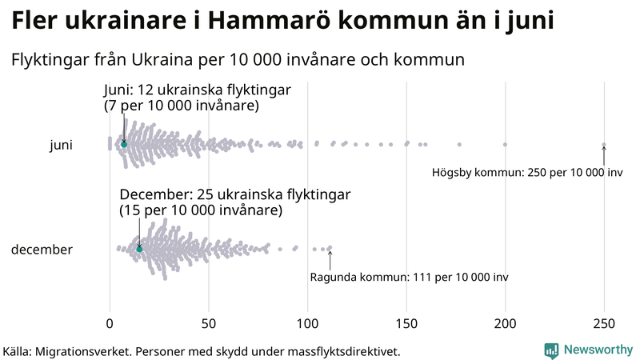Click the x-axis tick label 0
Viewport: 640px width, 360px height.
pos(110,323)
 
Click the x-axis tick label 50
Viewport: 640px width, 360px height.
pos(209,323)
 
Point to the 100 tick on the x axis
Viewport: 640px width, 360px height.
pos(307,323)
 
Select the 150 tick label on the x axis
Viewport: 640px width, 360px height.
pos(406,323)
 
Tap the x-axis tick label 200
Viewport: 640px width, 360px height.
pos(505,323)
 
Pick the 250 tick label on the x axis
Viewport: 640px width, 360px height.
pos(604,323)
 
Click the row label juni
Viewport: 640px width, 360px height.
pos(61,145)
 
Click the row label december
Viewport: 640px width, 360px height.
pos(42,250)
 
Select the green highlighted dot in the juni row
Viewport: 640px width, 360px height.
pos(124,145)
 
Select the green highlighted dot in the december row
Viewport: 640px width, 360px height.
pos(139,250)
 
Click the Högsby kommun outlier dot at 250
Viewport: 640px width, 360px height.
pos(604,145)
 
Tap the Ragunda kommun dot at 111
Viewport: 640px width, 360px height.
pos(330,248)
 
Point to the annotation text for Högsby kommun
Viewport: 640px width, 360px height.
pos(527,173)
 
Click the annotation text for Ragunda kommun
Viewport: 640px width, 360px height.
pos(408,277)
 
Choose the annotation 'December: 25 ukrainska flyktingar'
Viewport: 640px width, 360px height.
pos(234,194)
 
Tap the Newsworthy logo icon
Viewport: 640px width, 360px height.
pos(551,350)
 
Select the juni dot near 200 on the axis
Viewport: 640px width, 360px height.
pos(505,145)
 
